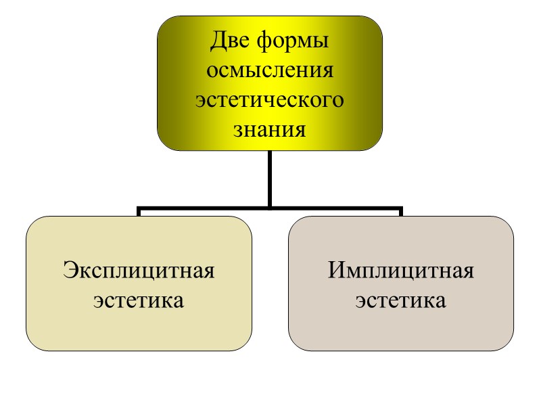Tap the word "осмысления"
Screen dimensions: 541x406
(x=269, y=71)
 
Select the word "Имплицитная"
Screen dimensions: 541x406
(x=401, y=271)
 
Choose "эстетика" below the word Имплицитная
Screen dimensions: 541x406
(x=401, y=299)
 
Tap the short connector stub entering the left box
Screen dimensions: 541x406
(x=139, y=212)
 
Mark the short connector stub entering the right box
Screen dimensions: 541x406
(x=401, y=212)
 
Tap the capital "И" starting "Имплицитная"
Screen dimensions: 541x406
(x=337, y=271)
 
